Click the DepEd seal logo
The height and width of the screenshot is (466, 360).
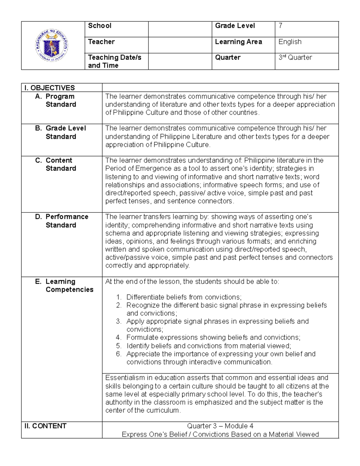tap(52, 46)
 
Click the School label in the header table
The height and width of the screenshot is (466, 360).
tap(100, 26)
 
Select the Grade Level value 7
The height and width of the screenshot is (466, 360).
tap(280, 26)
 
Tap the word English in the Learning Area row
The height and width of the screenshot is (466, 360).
tap(290, 42)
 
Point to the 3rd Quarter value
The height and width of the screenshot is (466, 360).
tap(295, 57)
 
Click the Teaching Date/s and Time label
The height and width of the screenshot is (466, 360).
tap(114, 61)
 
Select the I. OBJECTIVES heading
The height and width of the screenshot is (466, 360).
tap(49, 88)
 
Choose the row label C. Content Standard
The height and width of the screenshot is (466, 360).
tap(59, 164)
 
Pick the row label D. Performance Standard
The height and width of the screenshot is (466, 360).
tap(67, 221)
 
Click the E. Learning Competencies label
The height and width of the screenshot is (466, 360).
tap(69, 285)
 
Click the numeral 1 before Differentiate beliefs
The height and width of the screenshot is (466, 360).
tap(119, 297)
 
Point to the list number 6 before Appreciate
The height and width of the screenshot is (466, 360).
tap(119, 354)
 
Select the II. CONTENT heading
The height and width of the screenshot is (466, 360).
tap(45, 426)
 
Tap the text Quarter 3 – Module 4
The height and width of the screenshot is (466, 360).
tap(220, 426)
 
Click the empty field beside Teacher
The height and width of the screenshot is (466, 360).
tap(180, 45)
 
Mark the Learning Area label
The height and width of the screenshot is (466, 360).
tap(238, 42)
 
